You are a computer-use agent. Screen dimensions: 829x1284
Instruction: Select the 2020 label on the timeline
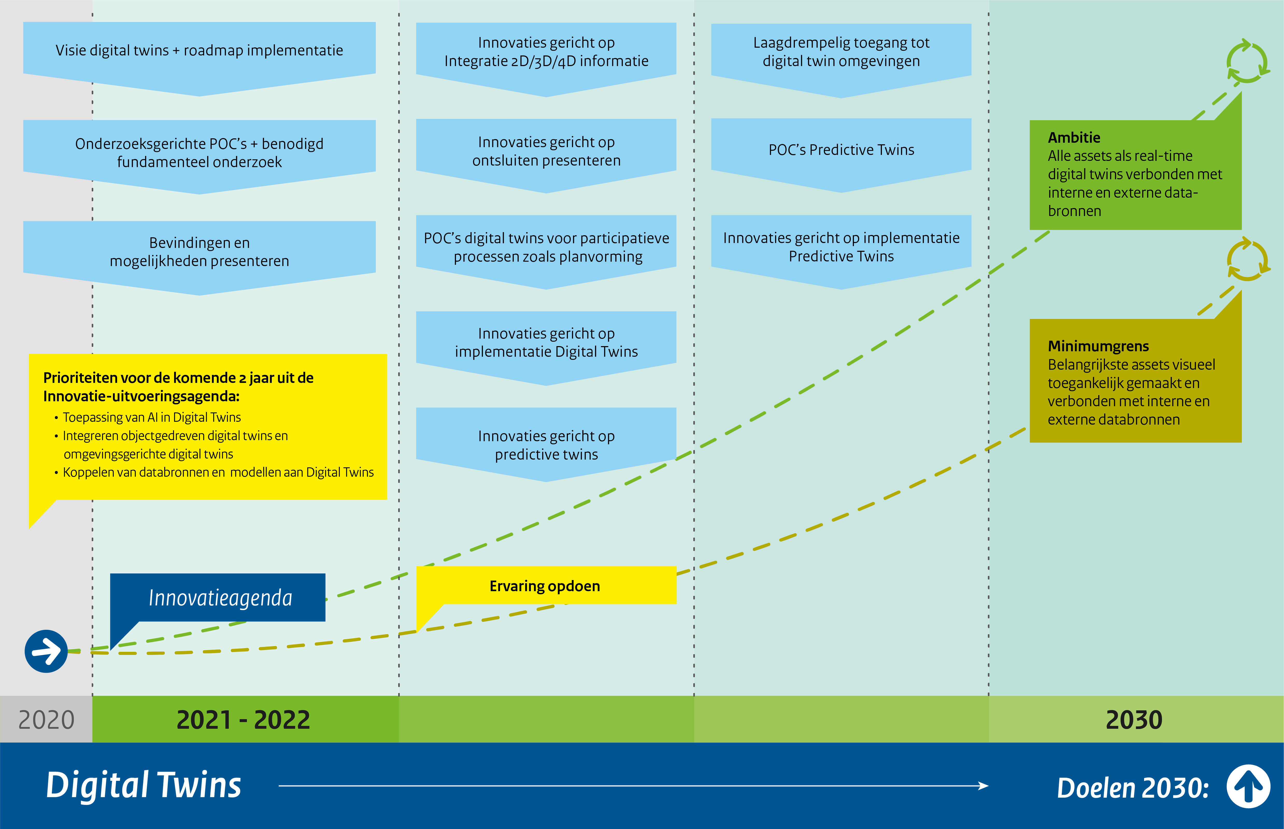tap(46, 720)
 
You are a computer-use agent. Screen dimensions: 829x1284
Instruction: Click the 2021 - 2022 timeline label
tap(243, 720)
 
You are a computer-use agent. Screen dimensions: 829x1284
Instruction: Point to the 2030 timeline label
tap(1134, 720)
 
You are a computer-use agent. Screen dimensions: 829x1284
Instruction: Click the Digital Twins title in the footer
tap(144, 785)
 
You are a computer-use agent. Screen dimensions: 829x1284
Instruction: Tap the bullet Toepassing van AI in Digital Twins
tap(152, 417)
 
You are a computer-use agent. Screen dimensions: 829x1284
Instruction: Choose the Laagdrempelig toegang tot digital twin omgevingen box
tap(841, 52)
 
